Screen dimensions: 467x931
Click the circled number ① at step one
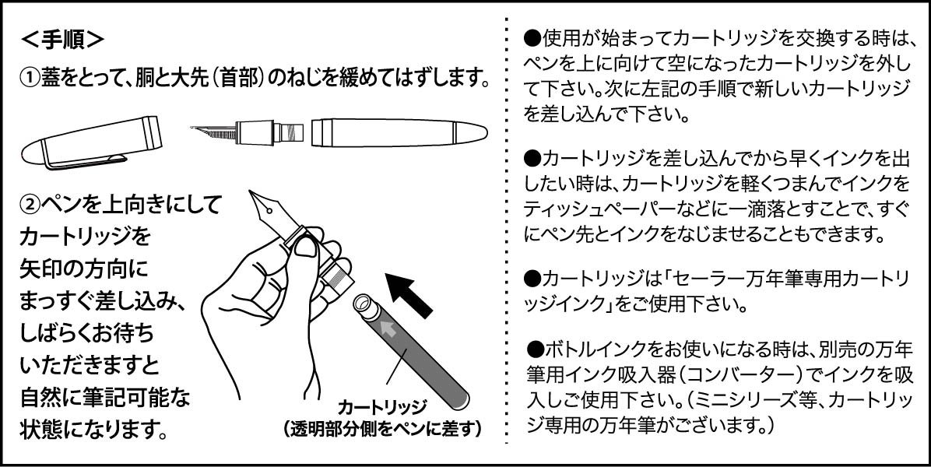pos(29,79)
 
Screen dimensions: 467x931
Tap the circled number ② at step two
pos(29,205)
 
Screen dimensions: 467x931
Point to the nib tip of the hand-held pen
pos(254,195)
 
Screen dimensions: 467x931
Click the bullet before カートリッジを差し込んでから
pos(532,160)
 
